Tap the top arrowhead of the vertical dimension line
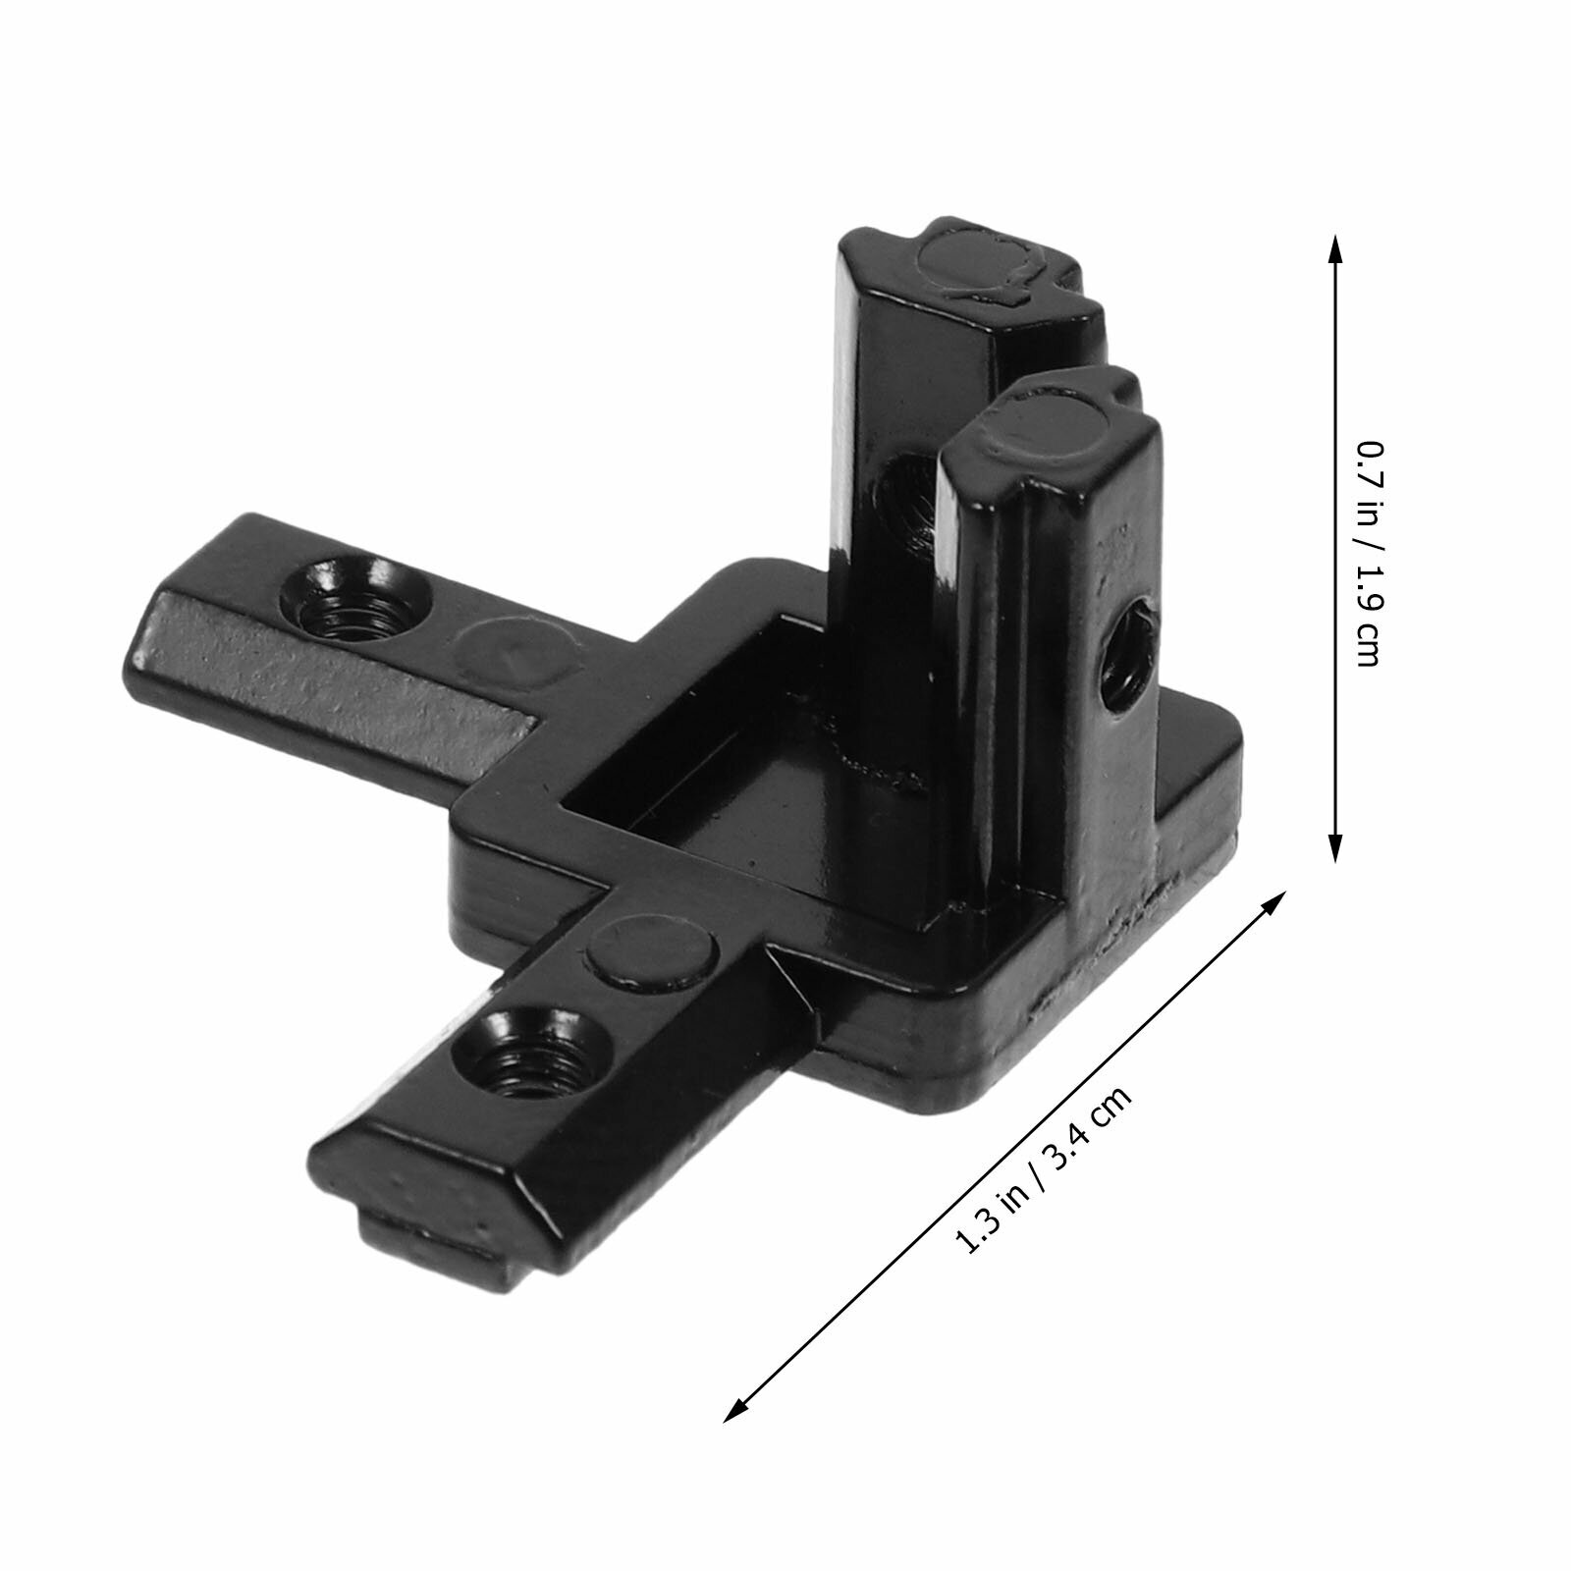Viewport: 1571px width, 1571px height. click(x=1334, y=251)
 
